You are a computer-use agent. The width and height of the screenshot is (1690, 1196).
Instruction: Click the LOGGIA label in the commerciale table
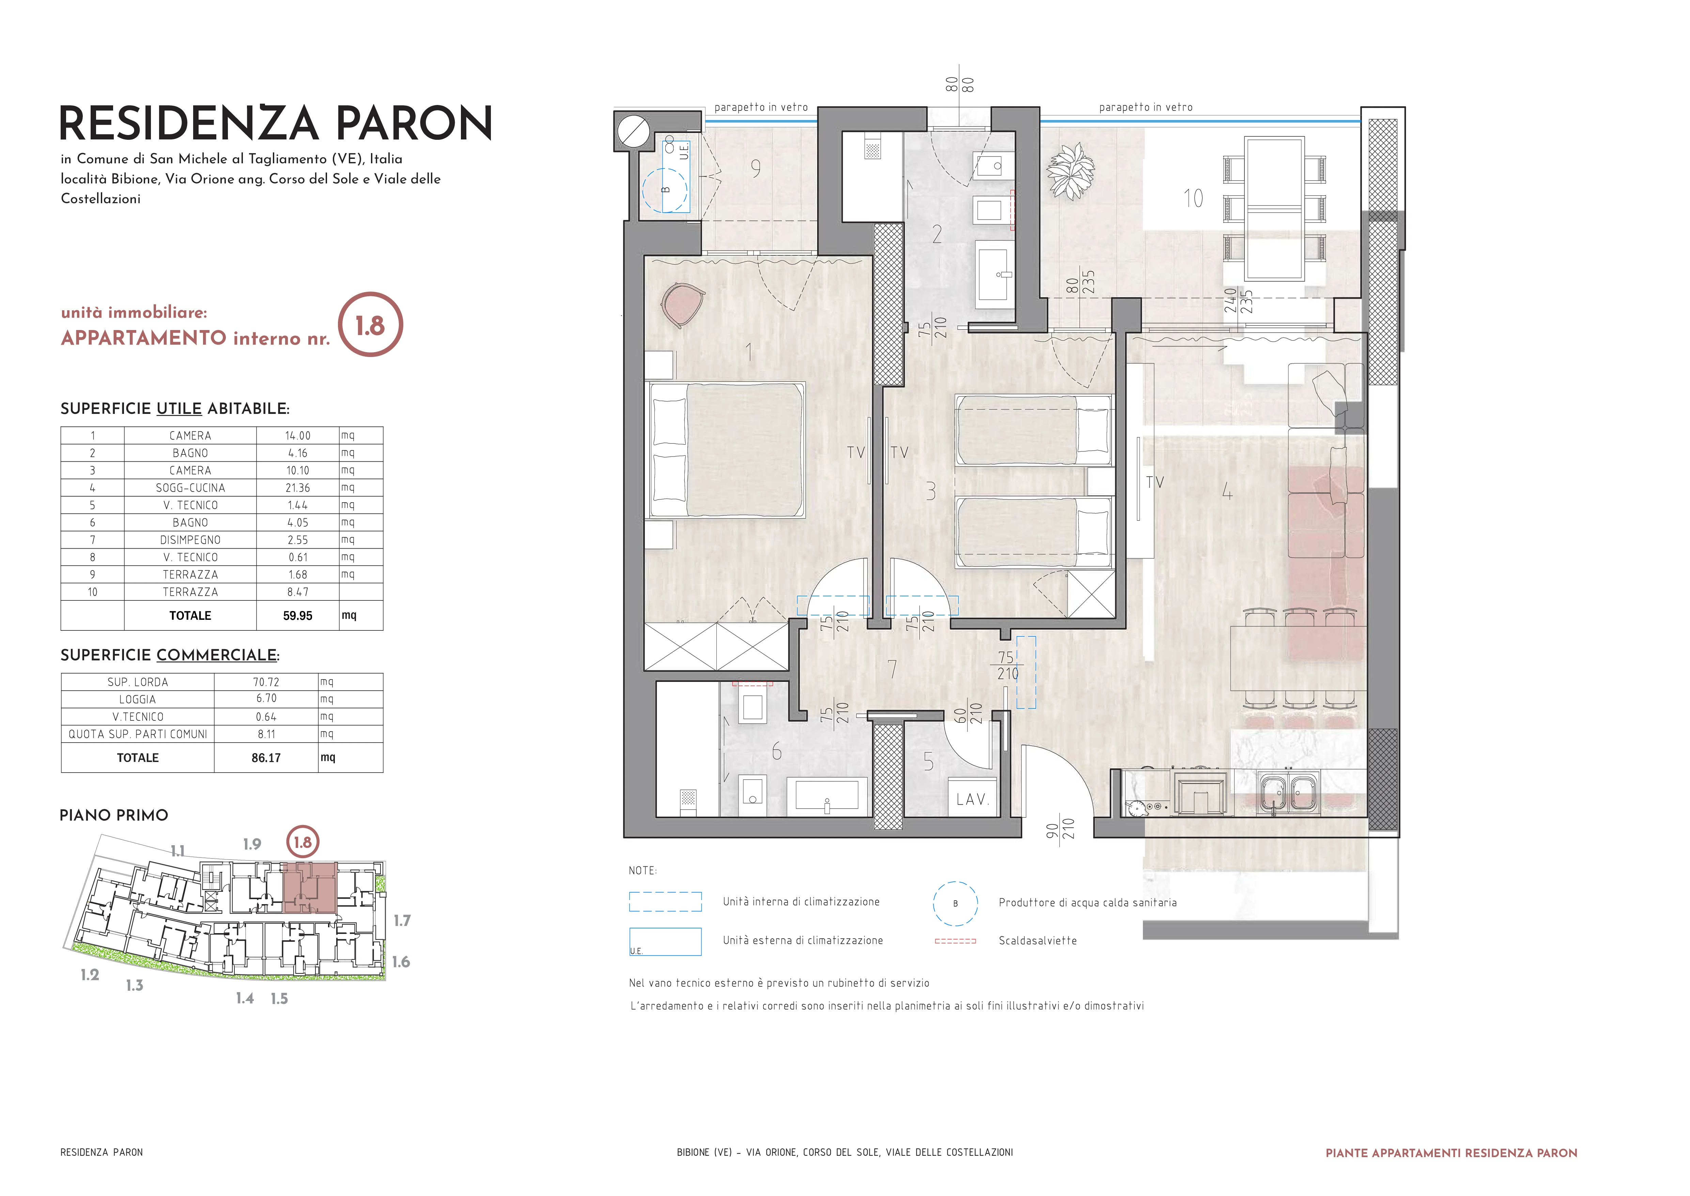point(138,700)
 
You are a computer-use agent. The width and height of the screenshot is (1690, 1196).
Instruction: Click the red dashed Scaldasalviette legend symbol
point(956,941)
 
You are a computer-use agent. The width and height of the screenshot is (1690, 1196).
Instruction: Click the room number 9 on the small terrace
point(756,169)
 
